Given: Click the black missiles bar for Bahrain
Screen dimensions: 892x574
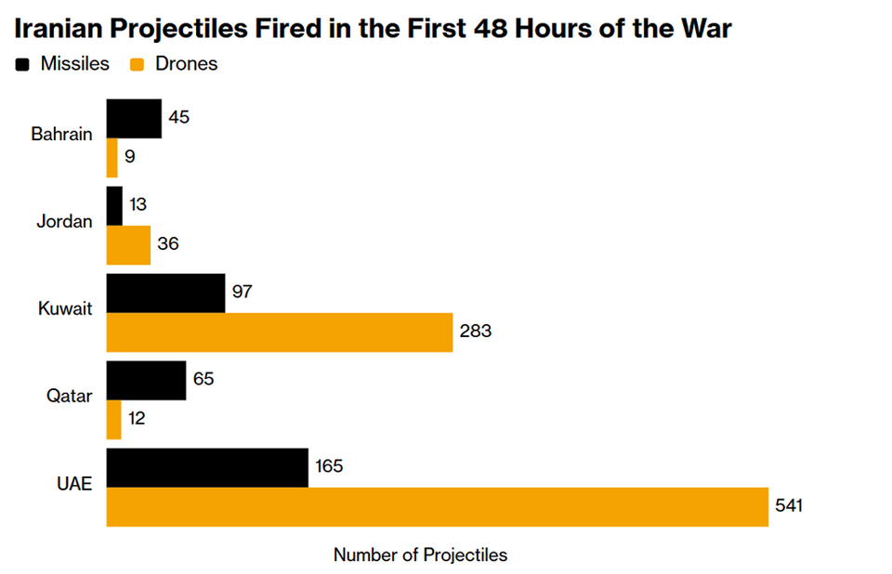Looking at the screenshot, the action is coord(134,119).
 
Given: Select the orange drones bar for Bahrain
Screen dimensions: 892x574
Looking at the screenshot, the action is coord(112,158).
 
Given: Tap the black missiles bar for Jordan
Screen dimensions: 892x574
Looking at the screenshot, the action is coord(114,206).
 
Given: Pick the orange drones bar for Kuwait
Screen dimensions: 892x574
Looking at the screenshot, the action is coord(280,333).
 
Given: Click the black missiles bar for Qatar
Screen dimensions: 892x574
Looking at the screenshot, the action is coord(146,381).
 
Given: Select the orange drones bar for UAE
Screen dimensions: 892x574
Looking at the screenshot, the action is coord(438,507).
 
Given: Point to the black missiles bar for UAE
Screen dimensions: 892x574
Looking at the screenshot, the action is coord(207,467).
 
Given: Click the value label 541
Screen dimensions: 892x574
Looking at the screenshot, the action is coord(789,505).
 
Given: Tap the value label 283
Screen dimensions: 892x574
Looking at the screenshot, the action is coord(476,331).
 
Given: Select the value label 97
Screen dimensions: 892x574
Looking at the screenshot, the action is coord(242,292).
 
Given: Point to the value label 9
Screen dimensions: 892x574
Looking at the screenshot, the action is coord(130,156).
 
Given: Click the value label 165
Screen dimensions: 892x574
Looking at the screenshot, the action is coord(329,466).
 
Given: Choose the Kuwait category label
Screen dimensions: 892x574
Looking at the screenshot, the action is coord(65,308).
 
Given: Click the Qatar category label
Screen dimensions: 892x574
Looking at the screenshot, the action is coord(69,396).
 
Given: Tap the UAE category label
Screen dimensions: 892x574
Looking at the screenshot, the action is coord(74,484).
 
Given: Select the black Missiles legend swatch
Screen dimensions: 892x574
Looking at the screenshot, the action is coord(22,64).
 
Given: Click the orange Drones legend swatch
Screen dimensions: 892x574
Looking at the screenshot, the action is coord(138,64).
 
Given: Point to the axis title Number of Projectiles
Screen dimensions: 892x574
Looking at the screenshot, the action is coord(420,554).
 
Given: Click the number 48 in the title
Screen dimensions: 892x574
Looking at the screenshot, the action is coord(491,28).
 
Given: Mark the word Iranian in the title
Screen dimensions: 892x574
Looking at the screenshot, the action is coord(58,28).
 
